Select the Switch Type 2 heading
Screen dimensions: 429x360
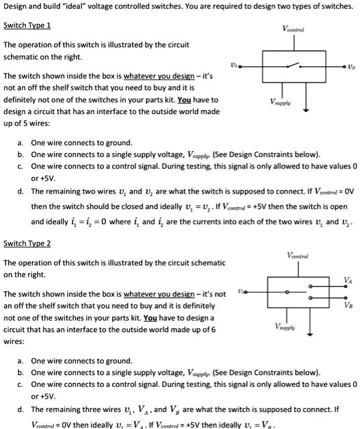pos(27,243)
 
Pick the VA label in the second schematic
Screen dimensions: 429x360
pos(348,280)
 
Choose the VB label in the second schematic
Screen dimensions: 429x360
pos(348,305)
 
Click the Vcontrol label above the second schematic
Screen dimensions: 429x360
pos(298,255)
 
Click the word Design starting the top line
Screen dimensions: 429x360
pos(16,7)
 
